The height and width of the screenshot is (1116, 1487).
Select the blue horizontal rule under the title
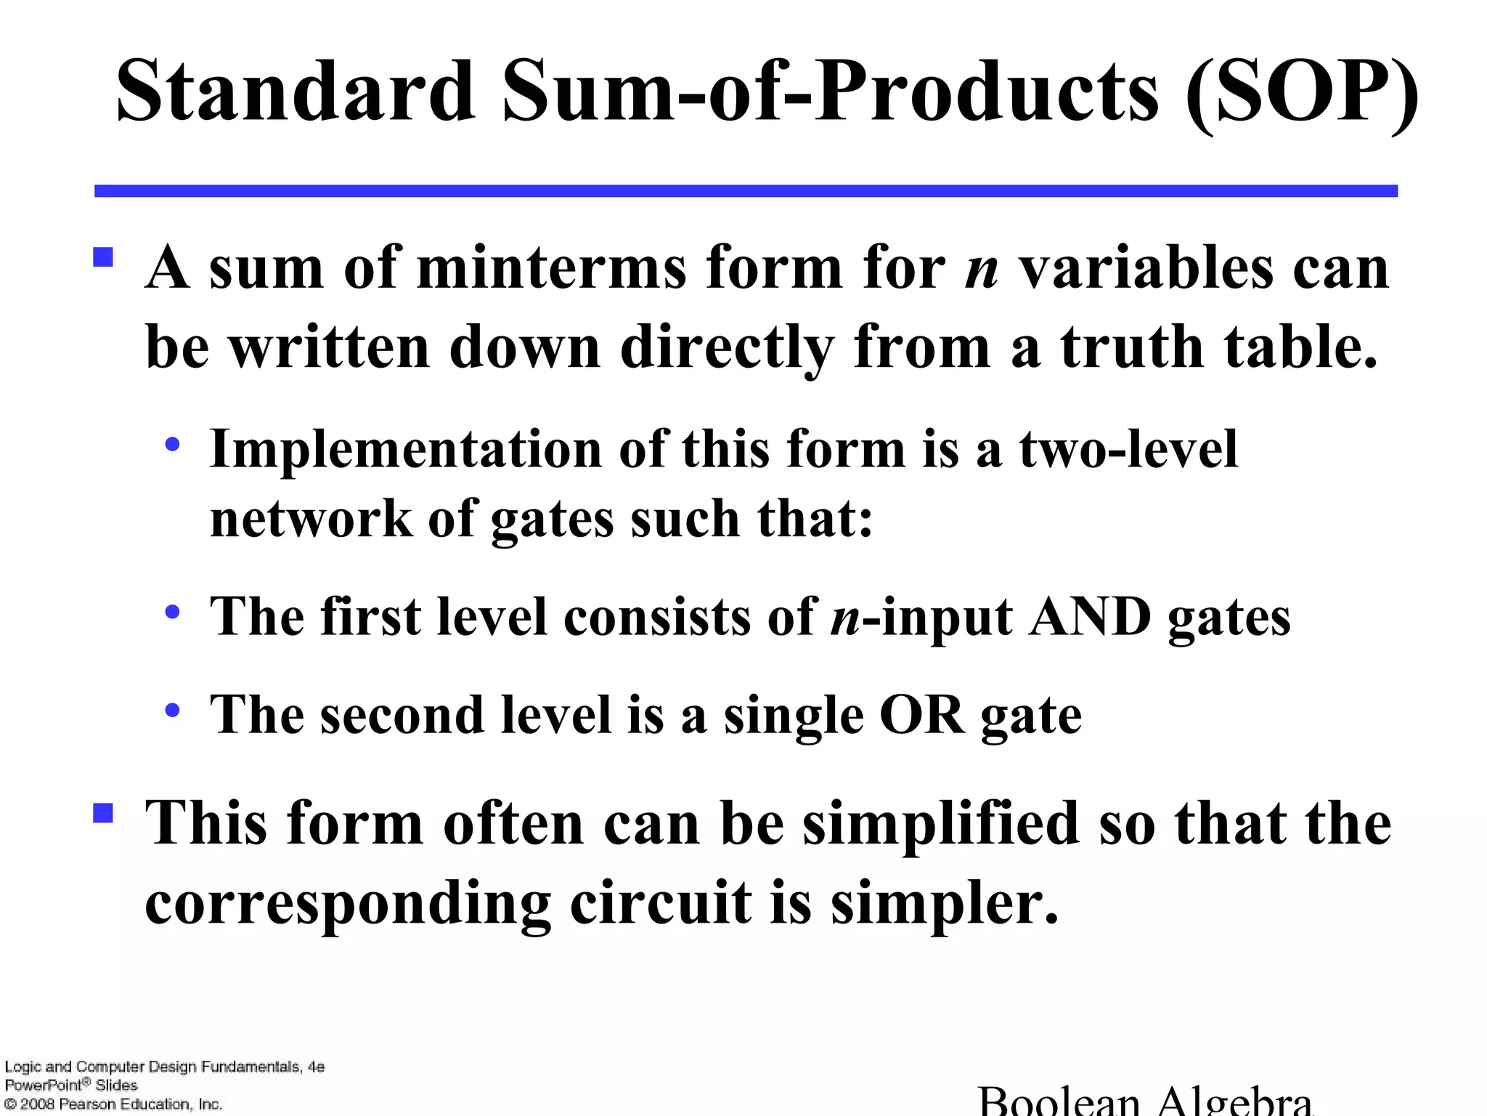(x=746, y=191)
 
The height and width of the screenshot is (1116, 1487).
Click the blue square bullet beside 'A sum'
(x=103, y=258)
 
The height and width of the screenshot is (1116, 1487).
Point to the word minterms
(x=552, y=268)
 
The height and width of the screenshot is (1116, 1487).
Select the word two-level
(x=1128, y=449)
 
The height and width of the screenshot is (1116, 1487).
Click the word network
(x=311, y=519)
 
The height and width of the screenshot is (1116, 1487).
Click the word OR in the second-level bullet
(x=922, y=715)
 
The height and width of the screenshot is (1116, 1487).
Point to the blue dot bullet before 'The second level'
(x=172, y=711)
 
